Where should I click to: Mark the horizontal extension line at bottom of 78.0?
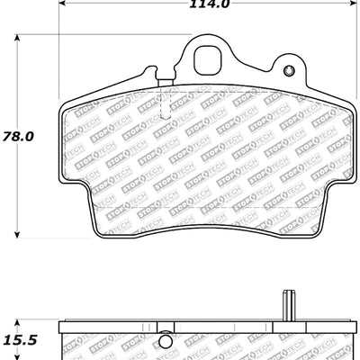(54, 238)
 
